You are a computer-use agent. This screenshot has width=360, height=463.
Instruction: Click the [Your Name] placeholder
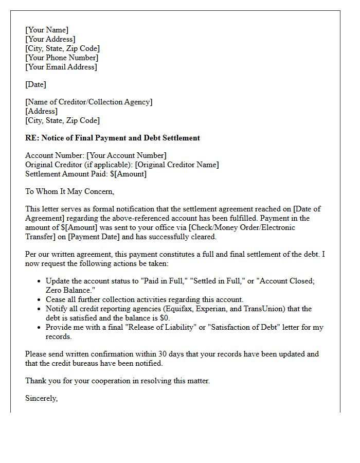click(47, 30)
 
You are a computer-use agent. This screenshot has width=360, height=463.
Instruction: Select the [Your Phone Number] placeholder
click(62, 58)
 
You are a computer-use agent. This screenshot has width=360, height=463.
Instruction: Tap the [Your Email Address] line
click(61, 67)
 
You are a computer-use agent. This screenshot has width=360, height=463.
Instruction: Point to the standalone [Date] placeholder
click(36, 84)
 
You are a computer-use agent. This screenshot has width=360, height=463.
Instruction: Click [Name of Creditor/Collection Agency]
click(89, 102)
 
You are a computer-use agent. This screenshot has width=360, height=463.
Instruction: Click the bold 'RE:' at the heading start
click(32, 138)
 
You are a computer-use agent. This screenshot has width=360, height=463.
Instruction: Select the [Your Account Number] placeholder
click(127, 155)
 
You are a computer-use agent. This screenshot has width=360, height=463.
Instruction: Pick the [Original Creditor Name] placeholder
click(177, 165)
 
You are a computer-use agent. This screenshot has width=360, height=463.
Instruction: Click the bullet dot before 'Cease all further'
click(40, 299)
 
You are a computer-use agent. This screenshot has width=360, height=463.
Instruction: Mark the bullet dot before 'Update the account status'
click(40, 281)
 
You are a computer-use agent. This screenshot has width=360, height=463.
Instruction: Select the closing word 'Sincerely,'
click(42, 398)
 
